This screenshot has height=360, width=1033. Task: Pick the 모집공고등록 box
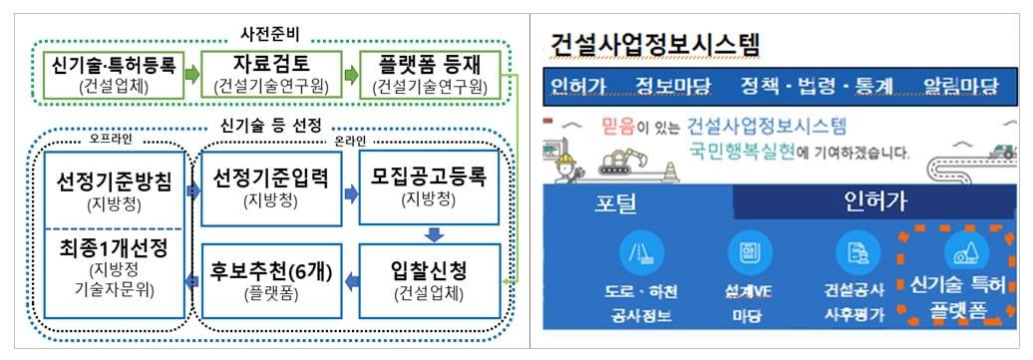pos(429,187)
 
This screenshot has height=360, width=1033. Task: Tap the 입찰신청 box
pos(429,278)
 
